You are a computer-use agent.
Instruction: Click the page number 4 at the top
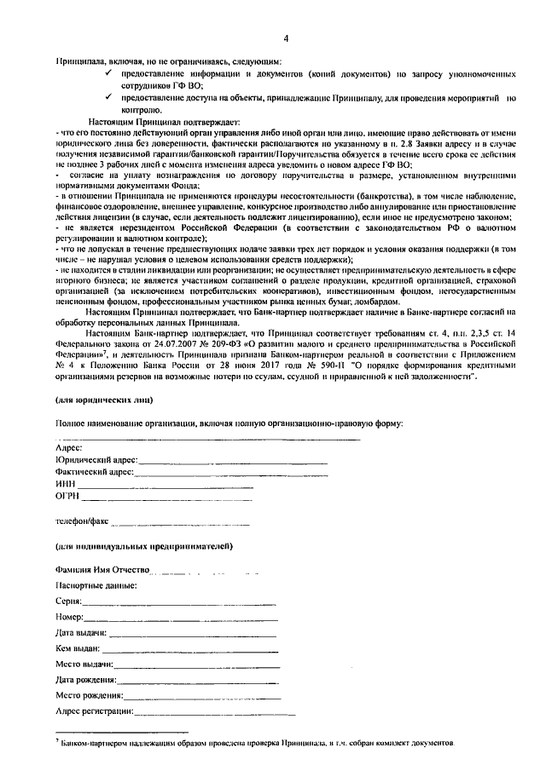tap(287, 38)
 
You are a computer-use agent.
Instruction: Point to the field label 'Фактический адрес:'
tap(95, 472)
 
